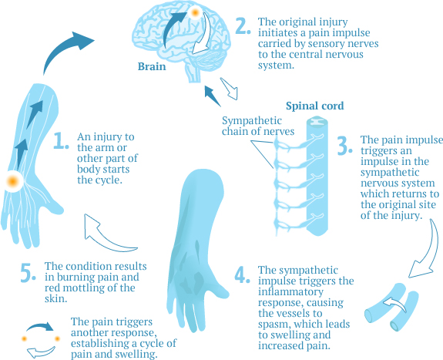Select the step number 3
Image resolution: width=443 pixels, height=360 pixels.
[344, 143]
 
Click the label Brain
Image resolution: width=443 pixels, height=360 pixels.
[152, 67]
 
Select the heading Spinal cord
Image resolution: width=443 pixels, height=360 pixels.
[314, 106]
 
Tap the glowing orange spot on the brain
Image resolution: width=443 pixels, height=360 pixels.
[196, 13]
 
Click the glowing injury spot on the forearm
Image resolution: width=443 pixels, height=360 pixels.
[13, 182]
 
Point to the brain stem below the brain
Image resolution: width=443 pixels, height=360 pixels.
[193, 72]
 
